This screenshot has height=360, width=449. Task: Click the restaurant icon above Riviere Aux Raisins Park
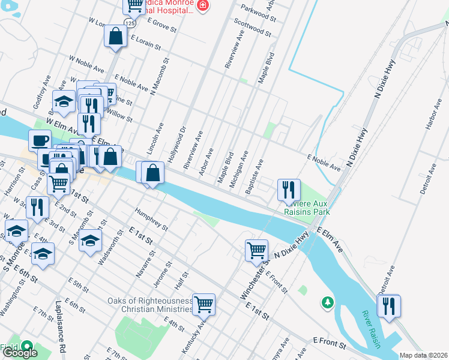(x=289, y=190)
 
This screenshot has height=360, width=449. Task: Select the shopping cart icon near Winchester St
(x=256, y=250)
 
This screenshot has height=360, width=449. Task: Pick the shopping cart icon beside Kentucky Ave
(x=203, y=304)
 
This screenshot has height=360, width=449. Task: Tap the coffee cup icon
(x=40, y=140)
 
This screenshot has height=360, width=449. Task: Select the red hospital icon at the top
(x=203, y=5)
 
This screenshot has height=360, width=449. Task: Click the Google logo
(x=20, y=353)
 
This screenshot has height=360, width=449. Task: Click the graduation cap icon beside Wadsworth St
(x=90, y=241)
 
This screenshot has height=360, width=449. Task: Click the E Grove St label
(x=160, y=26)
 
